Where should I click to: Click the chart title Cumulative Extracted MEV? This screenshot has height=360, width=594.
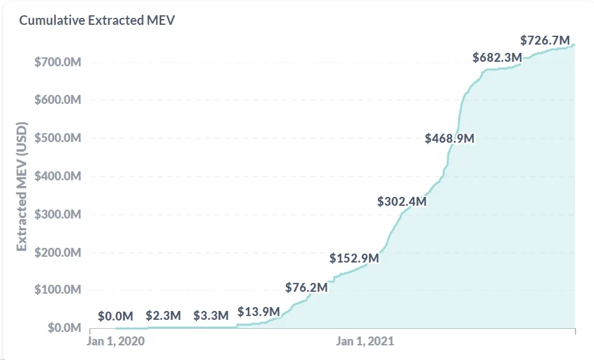tap(97, 20)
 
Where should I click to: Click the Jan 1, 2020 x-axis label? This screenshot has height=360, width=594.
tap(115, 341)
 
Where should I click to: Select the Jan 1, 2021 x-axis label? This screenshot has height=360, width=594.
tap(365, 341)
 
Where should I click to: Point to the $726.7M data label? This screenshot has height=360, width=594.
tap(545, 41)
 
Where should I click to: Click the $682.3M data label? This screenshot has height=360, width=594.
tap(497, 57)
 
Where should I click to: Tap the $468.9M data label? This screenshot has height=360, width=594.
tap(450, 138)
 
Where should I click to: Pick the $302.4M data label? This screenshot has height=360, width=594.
tap(402, 201)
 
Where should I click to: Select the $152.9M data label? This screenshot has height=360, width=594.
tap(354, 259)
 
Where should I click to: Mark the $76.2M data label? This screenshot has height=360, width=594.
tap(307, 287)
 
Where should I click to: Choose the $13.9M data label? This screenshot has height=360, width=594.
tap(259, 312)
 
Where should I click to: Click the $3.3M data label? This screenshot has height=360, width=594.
tap(211, 315)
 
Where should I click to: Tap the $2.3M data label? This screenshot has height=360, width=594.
tap(163, 315)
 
